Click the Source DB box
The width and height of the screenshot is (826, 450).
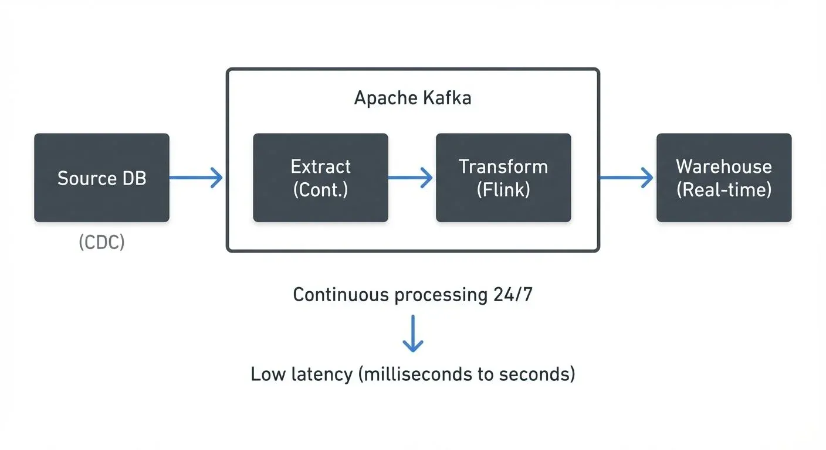click(101, 178)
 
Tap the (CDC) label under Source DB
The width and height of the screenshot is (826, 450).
click(101, 243)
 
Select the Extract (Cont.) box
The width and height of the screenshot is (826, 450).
click(320, 178)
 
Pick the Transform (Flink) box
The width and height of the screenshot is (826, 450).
click(503, 178)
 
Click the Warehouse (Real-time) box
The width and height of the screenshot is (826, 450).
click(724, 178)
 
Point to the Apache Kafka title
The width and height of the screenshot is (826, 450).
click(412, 98)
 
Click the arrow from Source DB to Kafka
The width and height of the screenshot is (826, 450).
click(197, 178)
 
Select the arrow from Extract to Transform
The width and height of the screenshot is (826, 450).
click(411, 178)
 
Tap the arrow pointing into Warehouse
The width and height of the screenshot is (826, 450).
click(626, 178)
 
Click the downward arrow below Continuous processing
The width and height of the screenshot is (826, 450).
click(413, 333)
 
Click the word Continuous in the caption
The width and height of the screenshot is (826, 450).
click(340, 294)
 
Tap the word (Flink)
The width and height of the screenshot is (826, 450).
click(503, 190)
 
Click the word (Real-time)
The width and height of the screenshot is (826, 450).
click(724, 190)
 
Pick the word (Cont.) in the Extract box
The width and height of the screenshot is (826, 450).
click(320, 190)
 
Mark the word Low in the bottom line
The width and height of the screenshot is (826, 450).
click(268, 374)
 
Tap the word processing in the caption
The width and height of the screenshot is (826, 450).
click(439, 295)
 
